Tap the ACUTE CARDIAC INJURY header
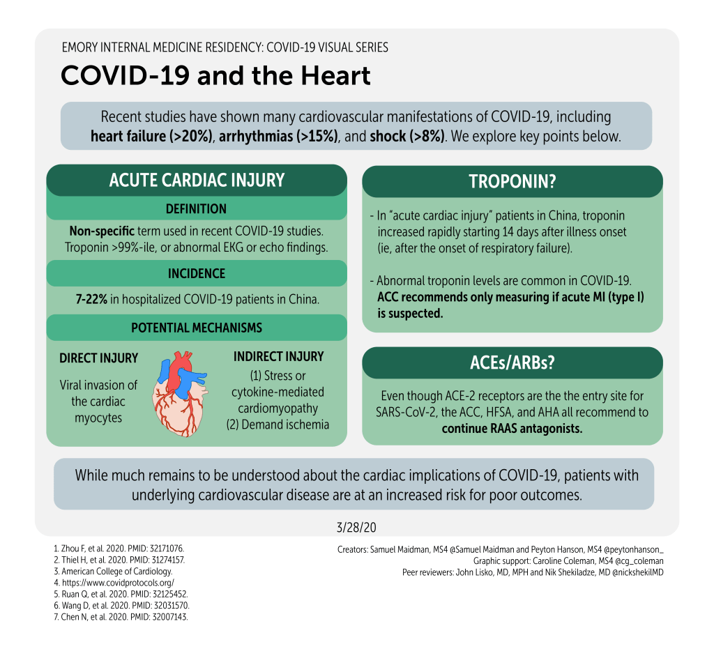point(197,180)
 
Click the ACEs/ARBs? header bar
point(512,362)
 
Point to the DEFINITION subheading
point(196,208)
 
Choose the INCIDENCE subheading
point(196,273)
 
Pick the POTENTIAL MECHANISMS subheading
point(196,328)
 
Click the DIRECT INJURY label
point(98,358)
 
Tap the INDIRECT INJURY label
point(278,356)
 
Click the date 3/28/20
point(357,524)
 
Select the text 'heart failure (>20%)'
point(151,136)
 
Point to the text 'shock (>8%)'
point(407,136)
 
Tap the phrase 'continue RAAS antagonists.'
point(512,429)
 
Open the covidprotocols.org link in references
point(116,582)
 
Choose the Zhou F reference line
point(123,549)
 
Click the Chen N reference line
point(126,617)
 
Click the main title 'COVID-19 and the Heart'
point(215,75)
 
